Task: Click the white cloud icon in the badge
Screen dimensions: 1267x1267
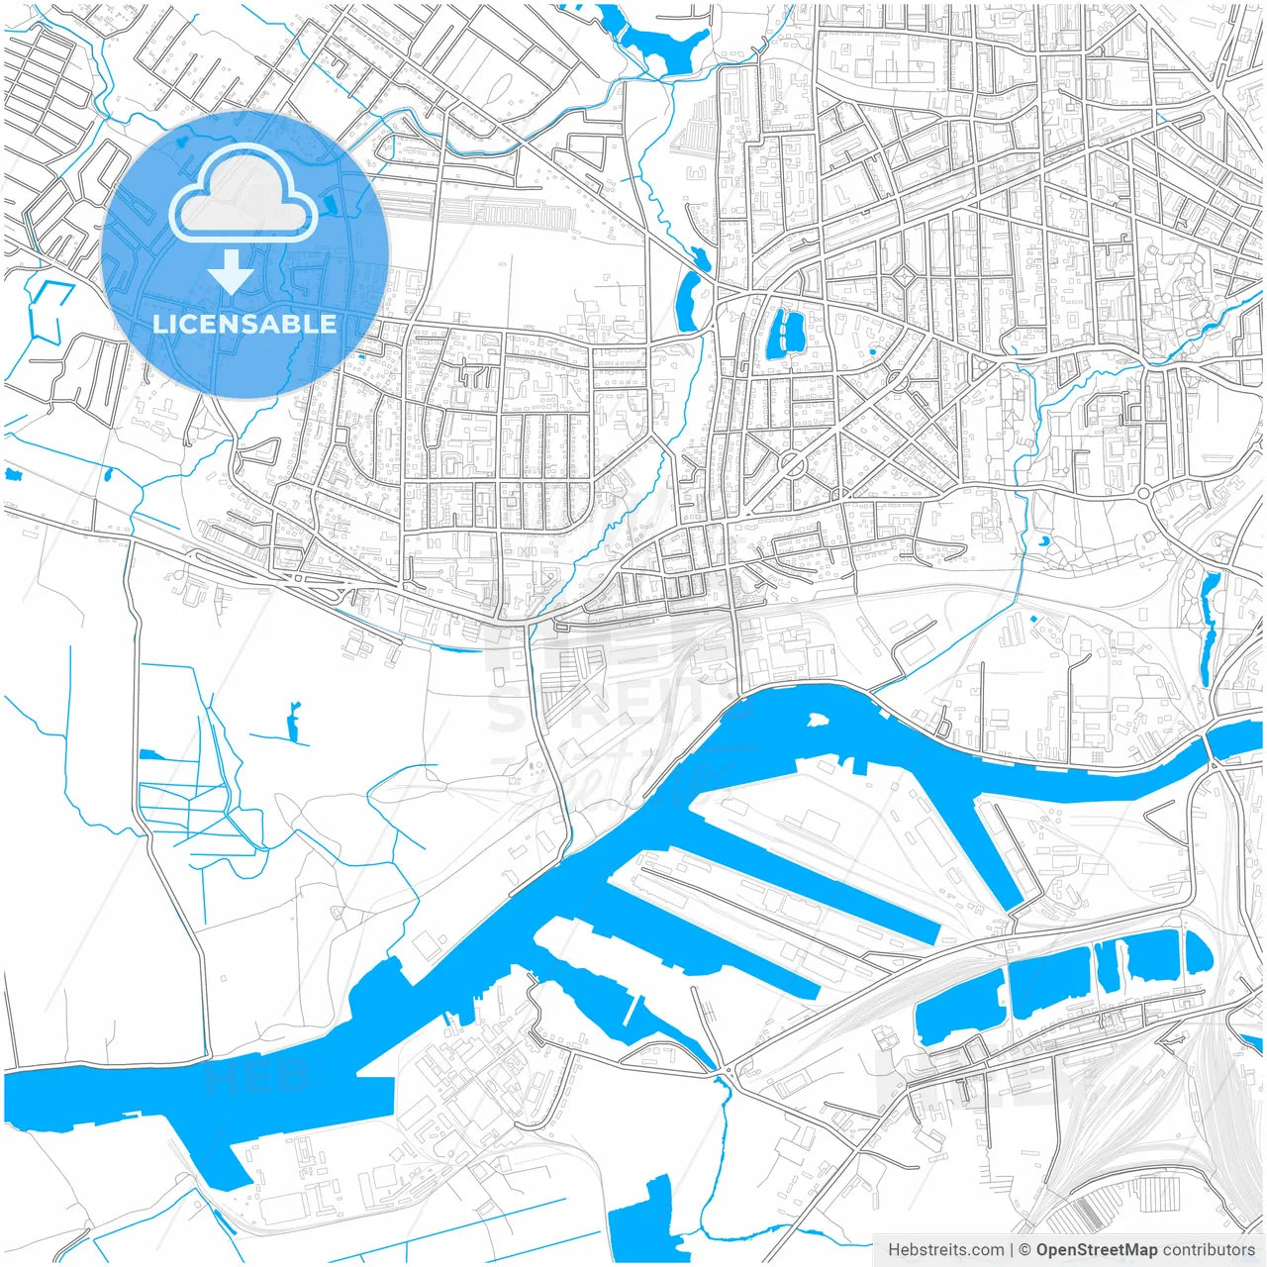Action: pos(243,198)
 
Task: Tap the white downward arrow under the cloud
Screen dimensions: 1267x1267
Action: pos(232,272)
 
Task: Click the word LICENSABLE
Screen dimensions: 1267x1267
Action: pos(244,324)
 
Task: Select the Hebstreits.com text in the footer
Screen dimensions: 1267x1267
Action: pos(945,1249)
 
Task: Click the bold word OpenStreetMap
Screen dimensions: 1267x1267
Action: pos(1096,1249)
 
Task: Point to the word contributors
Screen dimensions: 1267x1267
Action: pos(1209,1249)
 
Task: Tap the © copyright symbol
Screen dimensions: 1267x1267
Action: pos(1024,1249)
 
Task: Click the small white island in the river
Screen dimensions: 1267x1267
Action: pos(817,720)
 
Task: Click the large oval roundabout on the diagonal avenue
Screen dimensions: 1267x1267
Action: pos(792,462)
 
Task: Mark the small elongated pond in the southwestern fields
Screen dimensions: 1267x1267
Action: pos(293,723)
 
